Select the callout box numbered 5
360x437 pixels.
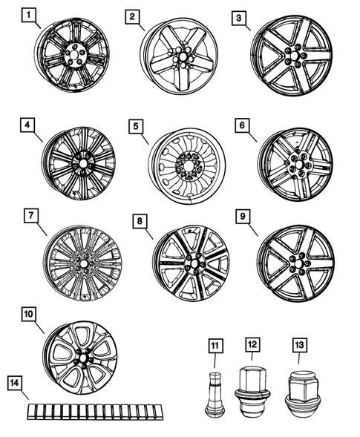[135, 125]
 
